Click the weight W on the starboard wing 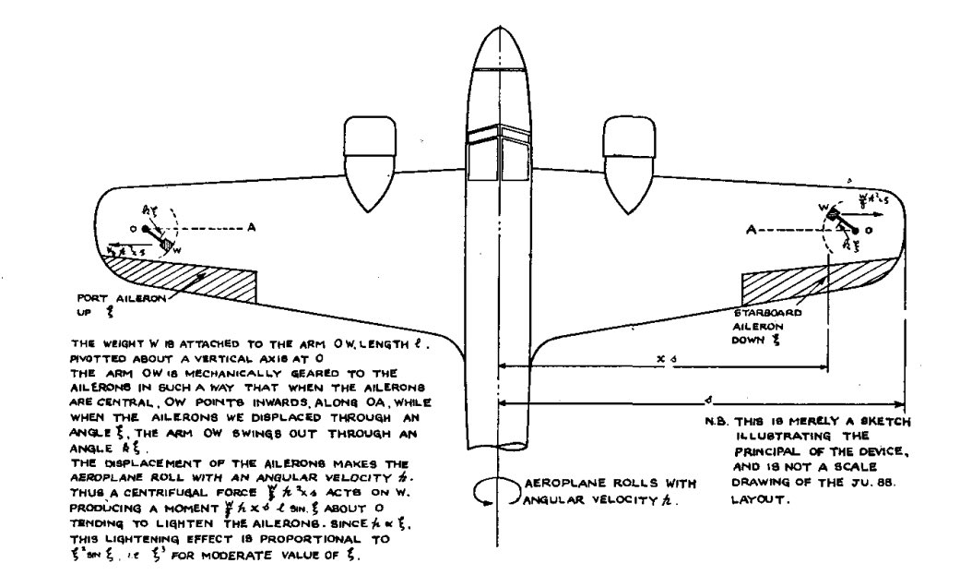pyautogui.click(x=834, y=214)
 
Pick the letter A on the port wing pyautogui.click(x=249, y=225)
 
